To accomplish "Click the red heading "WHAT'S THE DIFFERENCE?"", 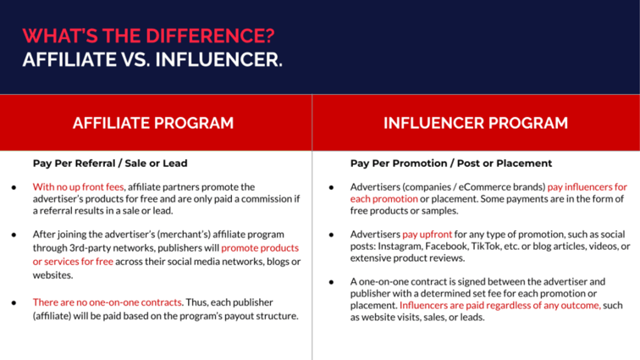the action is click(x=149, y=36).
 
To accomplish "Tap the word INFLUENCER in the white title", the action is click(x=218, y=59).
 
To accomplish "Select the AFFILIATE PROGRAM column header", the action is click(x=153, y=123).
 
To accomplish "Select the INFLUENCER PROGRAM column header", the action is click(x=476, y=123).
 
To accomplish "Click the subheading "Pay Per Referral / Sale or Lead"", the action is click(x=110, y=163).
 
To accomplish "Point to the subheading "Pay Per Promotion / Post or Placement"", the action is click(x=451, y=163).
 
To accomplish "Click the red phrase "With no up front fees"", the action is click(x=79, y=186).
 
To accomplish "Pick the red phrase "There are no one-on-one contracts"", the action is click(x=108, y=302).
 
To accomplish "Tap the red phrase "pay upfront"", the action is click(x=428, y=235).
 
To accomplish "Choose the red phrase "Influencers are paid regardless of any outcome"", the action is click(x=499, y=305).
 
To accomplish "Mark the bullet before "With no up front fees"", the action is click(x=14, y=187).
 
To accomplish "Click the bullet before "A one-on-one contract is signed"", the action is click(x=331, y=282).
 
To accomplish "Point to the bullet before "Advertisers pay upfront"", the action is click(x=331, y=235).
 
